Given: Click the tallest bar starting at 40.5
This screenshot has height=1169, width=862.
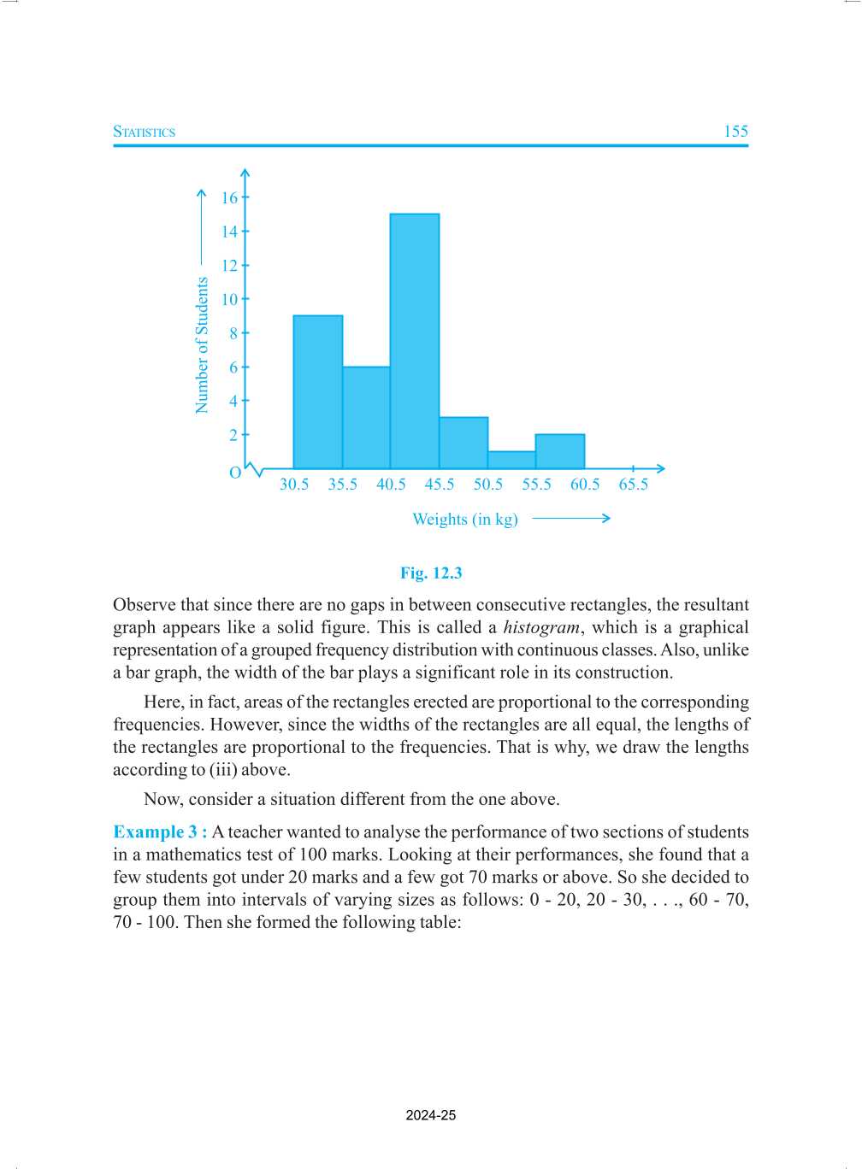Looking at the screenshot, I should [x=415, y=342].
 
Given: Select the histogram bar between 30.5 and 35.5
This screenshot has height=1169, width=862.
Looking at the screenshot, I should [x=318, y=392].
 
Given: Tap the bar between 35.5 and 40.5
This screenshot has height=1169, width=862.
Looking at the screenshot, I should [x=366, y=418].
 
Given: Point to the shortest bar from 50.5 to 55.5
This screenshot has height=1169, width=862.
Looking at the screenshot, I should [x=511, y=460].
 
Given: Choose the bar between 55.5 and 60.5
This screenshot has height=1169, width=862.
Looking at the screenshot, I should [x=560, y=451].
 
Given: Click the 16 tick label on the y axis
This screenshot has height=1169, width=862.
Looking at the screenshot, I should [x=229, y=198].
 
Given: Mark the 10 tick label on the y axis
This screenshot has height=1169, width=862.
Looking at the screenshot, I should [x=229, y=300].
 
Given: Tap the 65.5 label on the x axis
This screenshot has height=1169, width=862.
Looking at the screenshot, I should [x=634, y=485].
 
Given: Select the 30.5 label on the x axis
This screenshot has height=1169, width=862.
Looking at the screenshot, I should [x=294, y=485].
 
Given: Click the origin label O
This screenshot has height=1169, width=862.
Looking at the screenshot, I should [x=235, y=473].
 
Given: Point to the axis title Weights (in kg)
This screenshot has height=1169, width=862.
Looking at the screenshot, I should [x=465, y=520].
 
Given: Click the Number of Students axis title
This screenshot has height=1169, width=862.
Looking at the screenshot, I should [x=203, y=345].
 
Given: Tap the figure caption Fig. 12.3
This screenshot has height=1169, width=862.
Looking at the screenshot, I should [x=431, y=573].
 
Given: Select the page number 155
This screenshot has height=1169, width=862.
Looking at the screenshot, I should [x=735, y=132].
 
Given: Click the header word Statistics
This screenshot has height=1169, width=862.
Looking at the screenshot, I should [x=145, y=132].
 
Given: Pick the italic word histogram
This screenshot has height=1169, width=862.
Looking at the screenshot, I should [x=541, y=628].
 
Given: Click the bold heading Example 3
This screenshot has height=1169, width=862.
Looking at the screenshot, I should [x=159, y=832].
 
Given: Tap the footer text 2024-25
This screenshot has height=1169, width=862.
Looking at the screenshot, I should [x=431, y=1115].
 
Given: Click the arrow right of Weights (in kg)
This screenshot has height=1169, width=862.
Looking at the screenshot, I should [x=571, y=519].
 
